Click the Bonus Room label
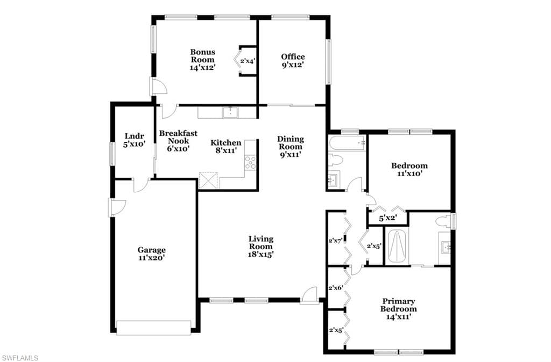[203, 60]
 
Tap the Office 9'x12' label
[293, 61]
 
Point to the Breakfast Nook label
[178, 141]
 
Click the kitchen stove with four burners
[250, 163]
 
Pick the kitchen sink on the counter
[230, 113]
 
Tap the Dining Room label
[291, 147]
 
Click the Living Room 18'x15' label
[261, 247]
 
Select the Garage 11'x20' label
[151, 254]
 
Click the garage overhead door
[154, 328]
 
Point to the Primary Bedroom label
[399, 309]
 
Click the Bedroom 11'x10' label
[409, 169]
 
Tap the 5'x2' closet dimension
[388, 218]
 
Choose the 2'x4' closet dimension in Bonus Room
[248, 61]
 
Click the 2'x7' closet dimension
[336, 241]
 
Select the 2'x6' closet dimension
[336, 288]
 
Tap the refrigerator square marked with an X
[208, 180]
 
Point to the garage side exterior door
[117, 207]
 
